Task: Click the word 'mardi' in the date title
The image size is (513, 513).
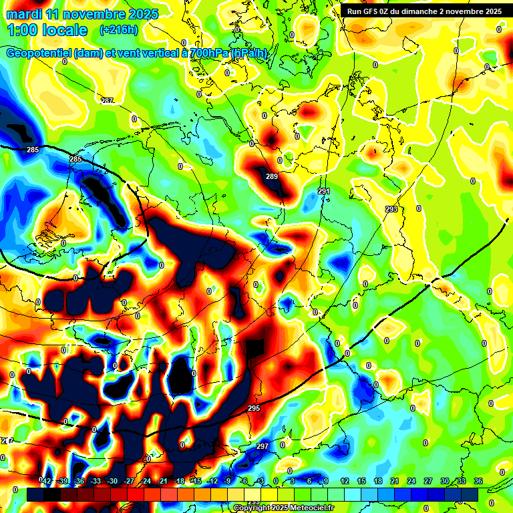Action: point(25,15)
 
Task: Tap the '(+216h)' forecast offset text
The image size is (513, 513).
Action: point(120,30)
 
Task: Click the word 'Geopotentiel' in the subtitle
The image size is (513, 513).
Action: point(38,53)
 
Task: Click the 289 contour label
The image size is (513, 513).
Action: point(271,177)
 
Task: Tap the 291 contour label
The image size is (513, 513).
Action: point(324,192)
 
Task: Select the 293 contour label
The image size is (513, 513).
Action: point(391,209)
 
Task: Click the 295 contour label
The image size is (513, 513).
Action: point(254,408)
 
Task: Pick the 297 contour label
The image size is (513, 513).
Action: point(262,446)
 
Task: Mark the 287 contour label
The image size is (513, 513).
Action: point(107,101)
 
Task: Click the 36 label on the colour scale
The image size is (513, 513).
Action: point(478,481)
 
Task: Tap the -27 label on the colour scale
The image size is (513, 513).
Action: point(129,481)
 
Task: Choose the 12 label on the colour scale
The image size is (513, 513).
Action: point(345,481)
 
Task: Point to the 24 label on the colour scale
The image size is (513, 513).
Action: point(411,481)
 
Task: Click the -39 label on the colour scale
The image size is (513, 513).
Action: point(63,481)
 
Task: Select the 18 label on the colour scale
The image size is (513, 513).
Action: point(378,481)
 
